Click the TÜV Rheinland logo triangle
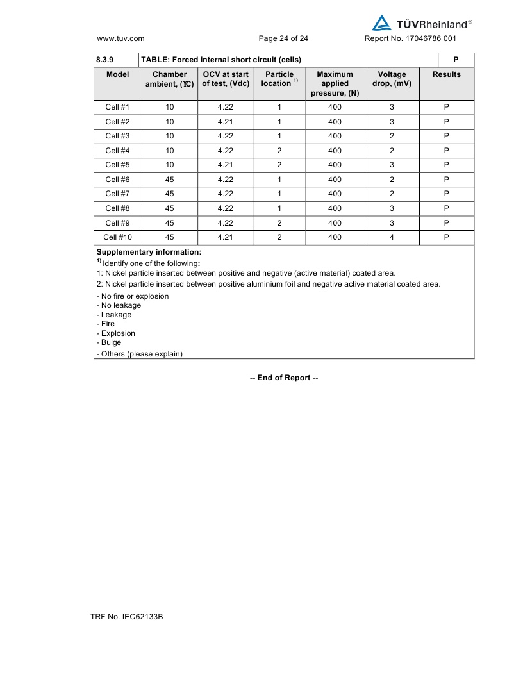click(x=382, y=23)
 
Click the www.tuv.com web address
click(x=120, y=38)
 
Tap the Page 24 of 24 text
click(x=283, y=38)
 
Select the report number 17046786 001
click(x=410, y=38)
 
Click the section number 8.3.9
click(x=104, y=60)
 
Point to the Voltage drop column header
click(x=392, y=79)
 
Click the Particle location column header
click(x=279, y=79)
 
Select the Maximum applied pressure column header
click(x=335, y=83)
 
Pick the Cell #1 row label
click(x=117, y=107)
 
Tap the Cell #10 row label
click(x=117, y=237)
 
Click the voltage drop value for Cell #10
click(x=392, y=237)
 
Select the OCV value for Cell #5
click(x=225, y=165)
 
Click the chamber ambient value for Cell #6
click(x=169, y=180)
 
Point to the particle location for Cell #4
click(x=279, y=151)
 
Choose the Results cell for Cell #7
click(x=446, y=194)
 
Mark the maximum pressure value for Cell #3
click(x=335, y=136)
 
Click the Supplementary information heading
click(x=149, y=252)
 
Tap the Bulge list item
click(x=109, y=342)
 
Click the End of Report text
click(x=284, y=378)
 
